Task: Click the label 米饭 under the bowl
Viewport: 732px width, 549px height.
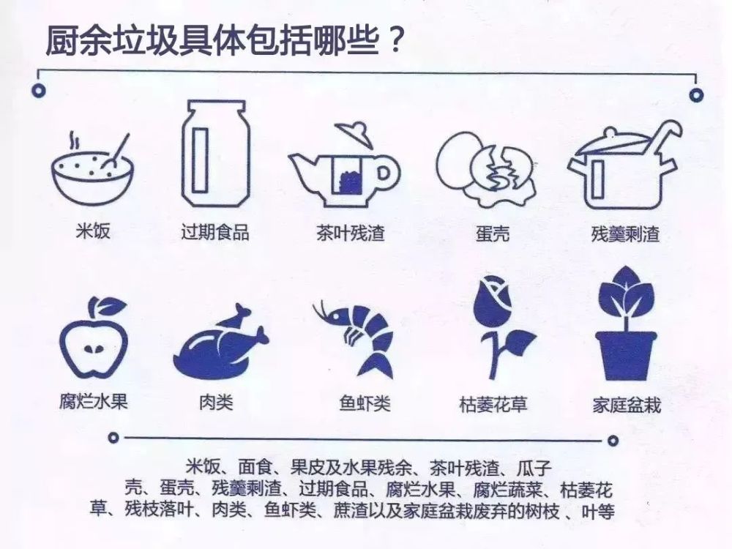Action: pyautogui.click(x=93, y=234)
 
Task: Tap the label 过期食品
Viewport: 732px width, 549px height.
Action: pyautogui.click(x=215, y=234)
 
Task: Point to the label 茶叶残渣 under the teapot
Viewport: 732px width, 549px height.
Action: pyautogui.click(x=350, y=234)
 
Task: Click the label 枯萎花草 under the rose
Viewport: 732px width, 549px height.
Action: pyautogui.click(x=493, y=403)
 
